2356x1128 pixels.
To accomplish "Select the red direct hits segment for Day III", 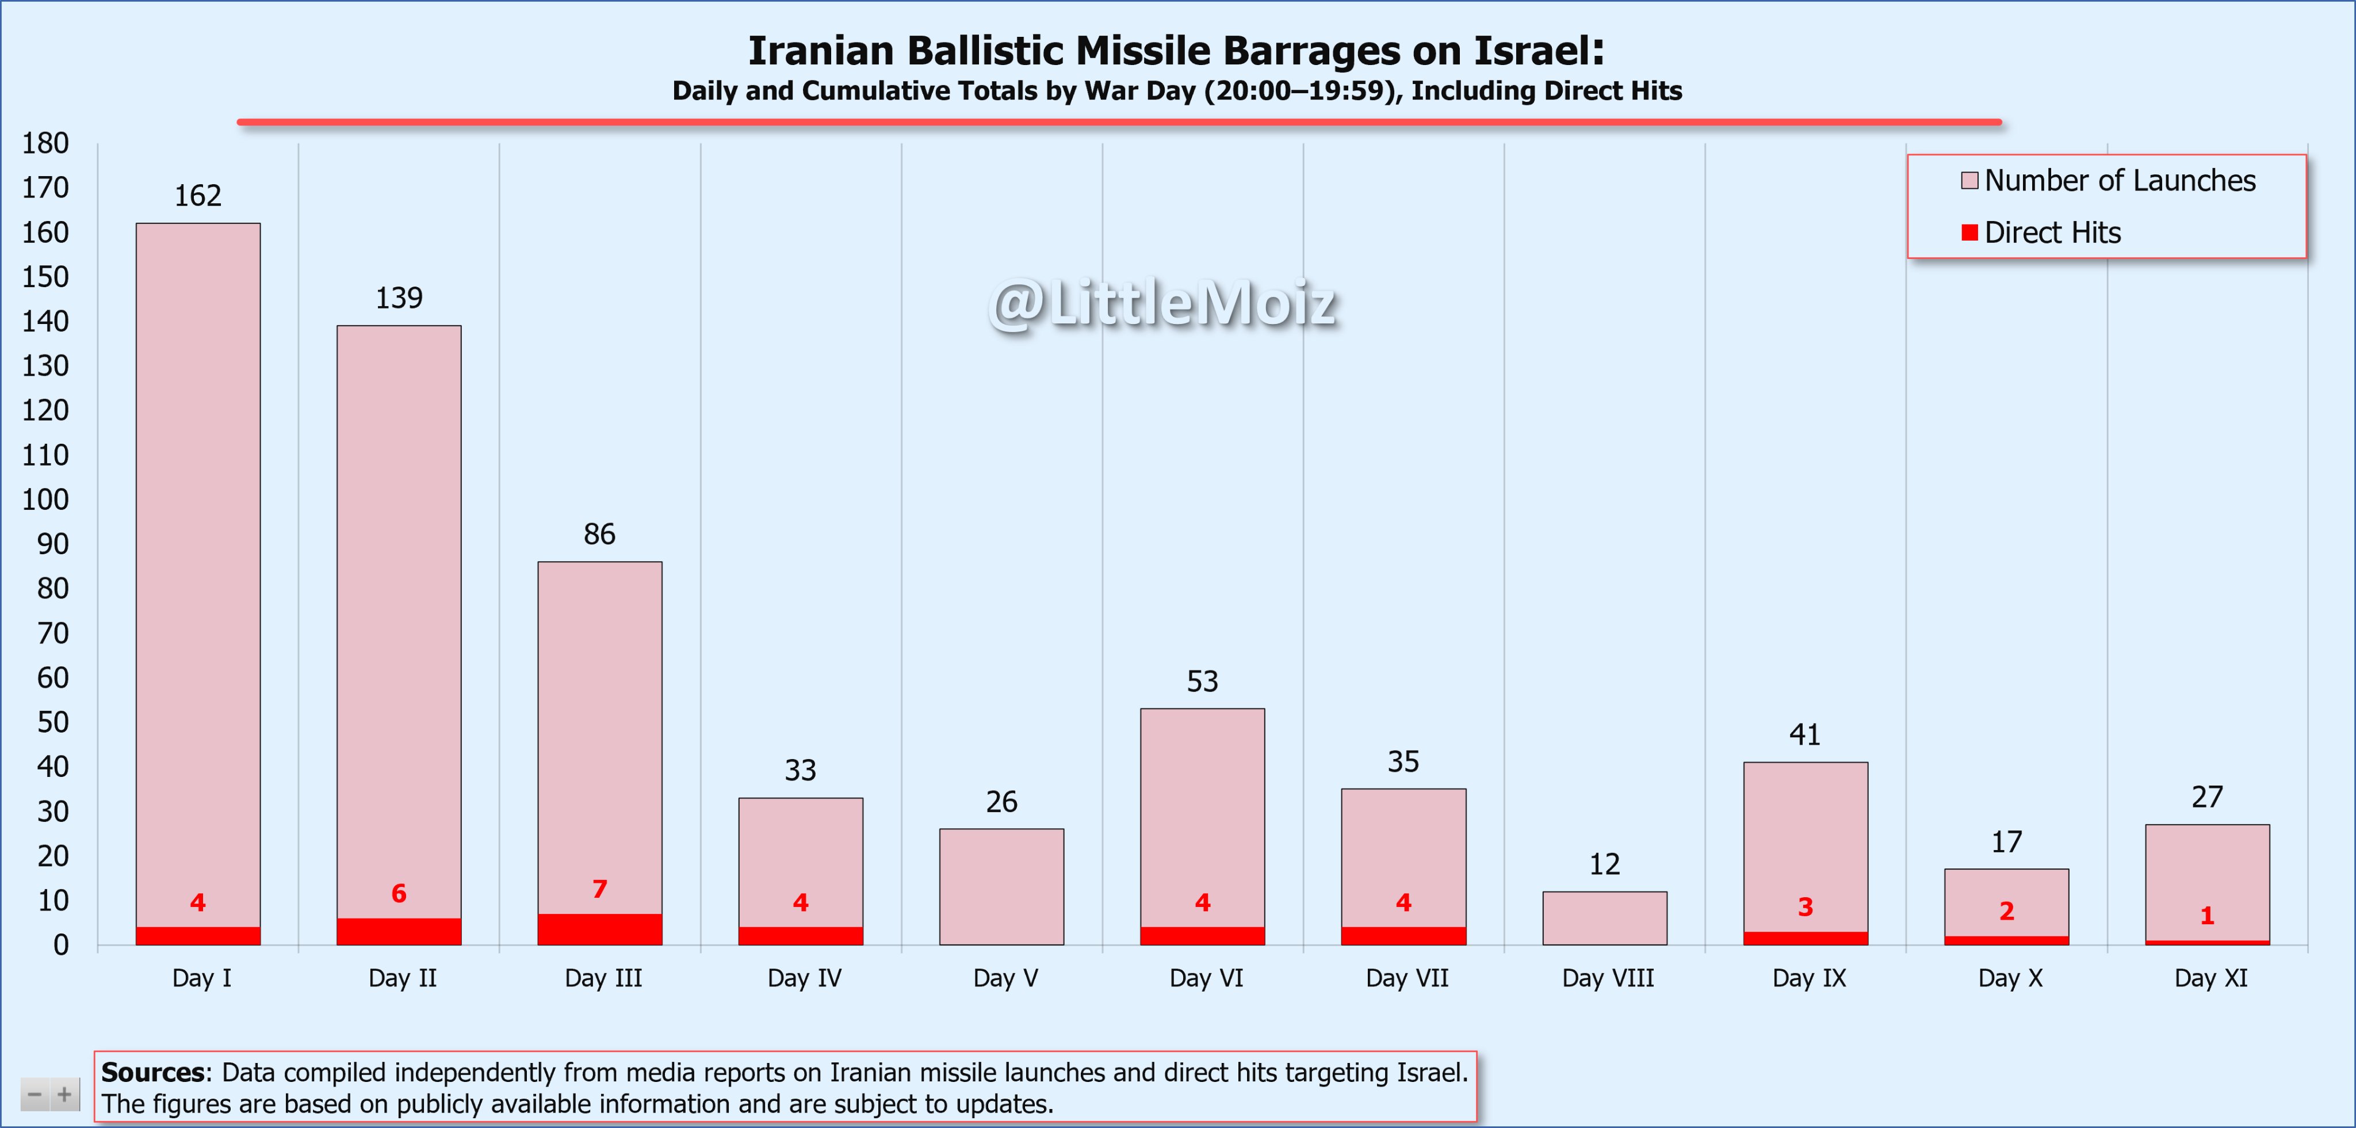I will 599,929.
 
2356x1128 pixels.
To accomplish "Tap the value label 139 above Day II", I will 399,298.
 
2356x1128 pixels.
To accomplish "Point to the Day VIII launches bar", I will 1604,917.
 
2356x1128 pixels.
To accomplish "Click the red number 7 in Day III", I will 599,889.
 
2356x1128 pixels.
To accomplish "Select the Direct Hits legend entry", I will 2052,233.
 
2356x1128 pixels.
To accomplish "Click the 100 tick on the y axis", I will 45,500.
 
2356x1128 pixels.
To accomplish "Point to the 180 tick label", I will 45,144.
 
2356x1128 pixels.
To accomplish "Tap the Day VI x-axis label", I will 1206,978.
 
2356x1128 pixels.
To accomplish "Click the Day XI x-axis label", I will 2210,978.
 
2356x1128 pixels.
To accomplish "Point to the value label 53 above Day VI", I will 1202,681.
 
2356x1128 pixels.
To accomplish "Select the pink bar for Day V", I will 1001,886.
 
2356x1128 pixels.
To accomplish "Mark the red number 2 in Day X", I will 2006,911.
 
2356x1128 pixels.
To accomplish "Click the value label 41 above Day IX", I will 1804,734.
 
